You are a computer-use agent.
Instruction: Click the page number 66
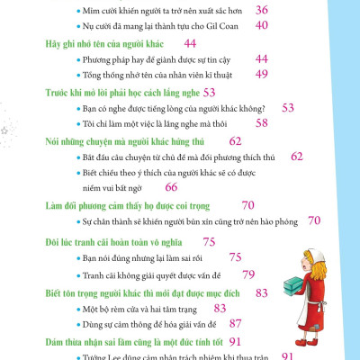pyautogui.click(x=171, y=186)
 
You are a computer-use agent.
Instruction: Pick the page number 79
pyautogui.click(x=249, y=273)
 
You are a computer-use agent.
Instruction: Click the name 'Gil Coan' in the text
pyautogui.click(x=222, y=26)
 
